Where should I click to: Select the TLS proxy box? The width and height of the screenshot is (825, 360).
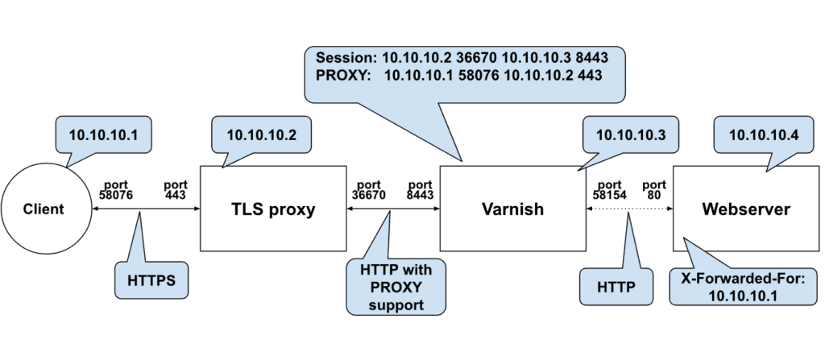click(x=272, y=209)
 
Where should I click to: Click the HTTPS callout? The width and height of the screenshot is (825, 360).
click(x=151, y=281)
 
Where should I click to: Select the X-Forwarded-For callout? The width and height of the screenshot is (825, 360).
click(x=742, y=285)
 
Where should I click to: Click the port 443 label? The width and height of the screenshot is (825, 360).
click(x=176, y=189)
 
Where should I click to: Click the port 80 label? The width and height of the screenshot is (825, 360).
click(x=654, y=189)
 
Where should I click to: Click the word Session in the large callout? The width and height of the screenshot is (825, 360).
click(x=345, y=59)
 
